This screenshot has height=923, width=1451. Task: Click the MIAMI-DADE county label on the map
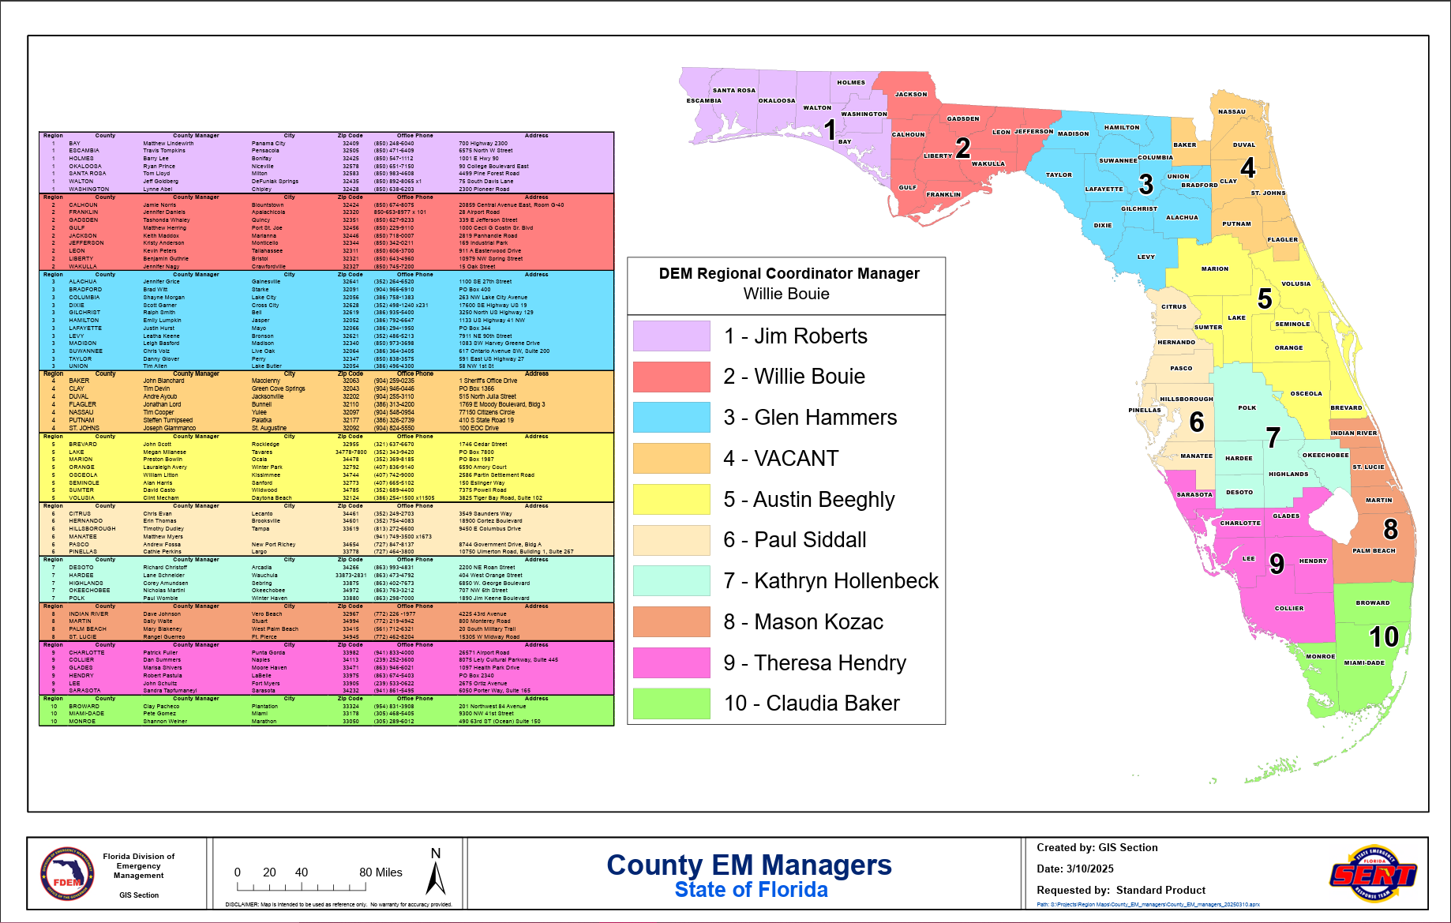(1364, 662)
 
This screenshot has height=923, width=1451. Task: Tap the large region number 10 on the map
(1383, 637)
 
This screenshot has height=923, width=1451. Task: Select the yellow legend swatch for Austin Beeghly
(671, 499)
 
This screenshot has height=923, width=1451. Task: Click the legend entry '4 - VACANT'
(781, 458)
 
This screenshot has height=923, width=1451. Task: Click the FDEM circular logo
(67, 873)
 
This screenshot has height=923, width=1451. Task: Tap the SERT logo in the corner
(1374, 873)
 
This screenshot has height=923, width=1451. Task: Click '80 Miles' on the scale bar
(381, 872)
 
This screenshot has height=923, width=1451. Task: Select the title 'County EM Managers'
(748, 865)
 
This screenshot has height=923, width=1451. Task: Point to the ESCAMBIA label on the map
(703, 100)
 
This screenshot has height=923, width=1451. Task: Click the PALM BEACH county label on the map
(1374, 550)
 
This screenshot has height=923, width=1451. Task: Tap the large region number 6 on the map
(1197, 422)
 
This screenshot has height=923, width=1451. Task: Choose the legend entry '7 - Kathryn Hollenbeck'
(830, 581)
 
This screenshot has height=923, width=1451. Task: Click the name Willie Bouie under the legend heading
(786, 294)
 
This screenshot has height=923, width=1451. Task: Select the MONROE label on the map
(1320, 656)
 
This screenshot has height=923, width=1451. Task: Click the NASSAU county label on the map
(1232, 111)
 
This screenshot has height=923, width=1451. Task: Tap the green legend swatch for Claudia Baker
(671, 704)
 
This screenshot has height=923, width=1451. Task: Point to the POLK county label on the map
(1247, 407)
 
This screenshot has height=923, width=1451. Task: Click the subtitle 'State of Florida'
(751, 890)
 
